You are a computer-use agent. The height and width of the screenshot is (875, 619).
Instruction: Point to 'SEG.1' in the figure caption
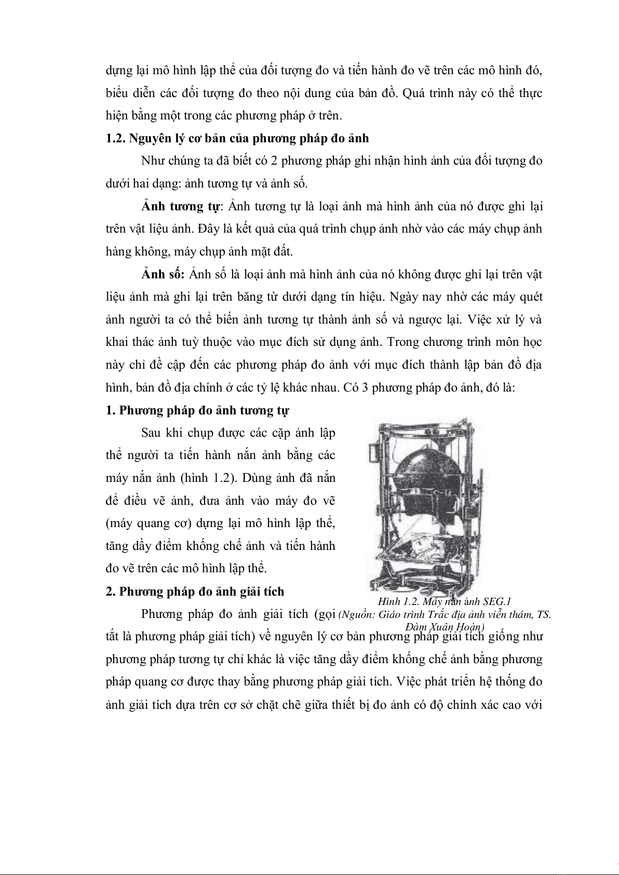coord(497,601)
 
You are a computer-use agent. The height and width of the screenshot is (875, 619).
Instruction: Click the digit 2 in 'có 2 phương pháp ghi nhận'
coord(275,161)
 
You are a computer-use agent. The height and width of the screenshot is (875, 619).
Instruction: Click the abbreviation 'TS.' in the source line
coord(543,614)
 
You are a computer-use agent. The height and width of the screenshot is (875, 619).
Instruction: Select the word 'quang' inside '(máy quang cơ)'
coord(153,523)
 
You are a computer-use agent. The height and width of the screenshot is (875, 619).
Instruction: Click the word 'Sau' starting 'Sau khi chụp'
coord(151,433)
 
